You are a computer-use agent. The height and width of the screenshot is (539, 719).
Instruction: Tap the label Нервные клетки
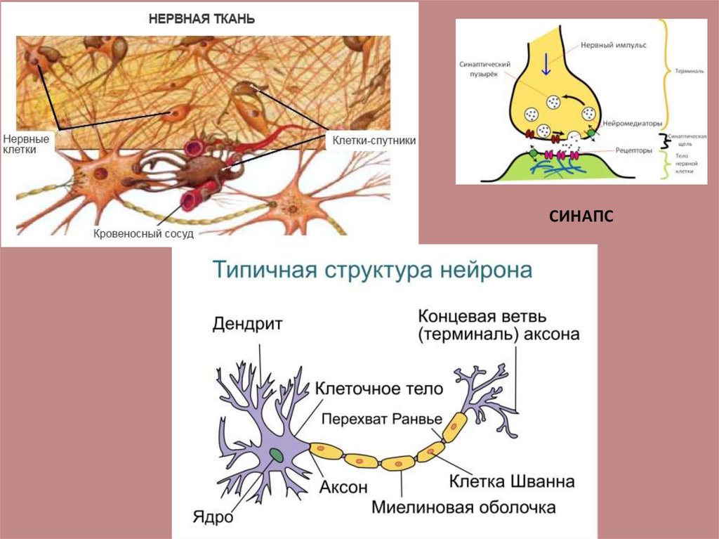(x=26, y=144)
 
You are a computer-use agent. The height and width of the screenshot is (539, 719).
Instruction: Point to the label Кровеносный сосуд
(x=143, y=233)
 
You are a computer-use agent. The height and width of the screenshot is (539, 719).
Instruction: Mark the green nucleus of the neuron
(x=277, y=455)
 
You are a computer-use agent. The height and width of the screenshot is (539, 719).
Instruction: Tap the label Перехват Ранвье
(x=382, y=418)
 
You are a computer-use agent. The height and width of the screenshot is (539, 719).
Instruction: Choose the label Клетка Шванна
(x=512, y=481)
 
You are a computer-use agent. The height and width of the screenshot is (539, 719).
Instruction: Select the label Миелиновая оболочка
(x=463, y=507)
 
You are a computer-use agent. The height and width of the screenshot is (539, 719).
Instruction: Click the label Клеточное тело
(x=378, y=389)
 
